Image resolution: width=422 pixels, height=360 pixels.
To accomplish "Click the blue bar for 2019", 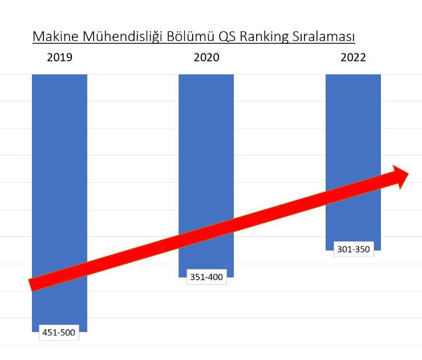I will pos(59,171).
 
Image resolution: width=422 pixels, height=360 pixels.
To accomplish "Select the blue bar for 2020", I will pos(206,142).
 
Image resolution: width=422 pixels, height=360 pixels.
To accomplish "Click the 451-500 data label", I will pos(59,333).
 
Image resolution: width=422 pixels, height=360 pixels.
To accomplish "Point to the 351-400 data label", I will pos(206,278).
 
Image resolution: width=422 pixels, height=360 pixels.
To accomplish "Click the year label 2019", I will pos(59,58).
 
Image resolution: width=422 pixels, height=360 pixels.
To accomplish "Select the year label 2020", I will pos(206,58).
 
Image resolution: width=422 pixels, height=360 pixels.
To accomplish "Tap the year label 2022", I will pos(353,58).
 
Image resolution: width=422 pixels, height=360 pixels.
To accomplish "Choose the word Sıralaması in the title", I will pos(323,36).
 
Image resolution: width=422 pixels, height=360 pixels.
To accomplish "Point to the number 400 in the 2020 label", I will pos(215,278).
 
